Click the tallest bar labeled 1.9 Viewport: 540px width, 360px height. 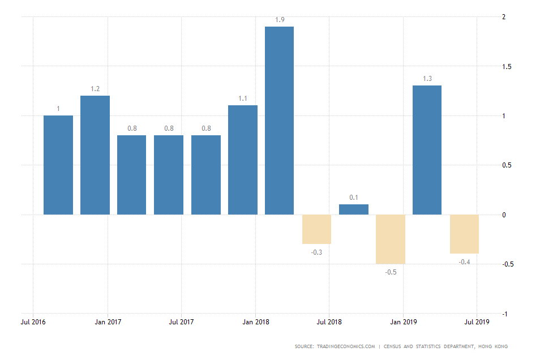pyautogui.click(x=280, y=121)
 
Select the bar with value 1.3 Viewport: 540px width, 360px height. pyautogui.click(x=427, y=150)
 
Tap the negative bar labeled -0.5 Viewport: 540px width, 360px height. pyautogui.click(x=391, y=239)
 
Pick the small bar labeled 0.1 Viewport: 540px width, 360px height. pyautogui.click(x=354, y=209)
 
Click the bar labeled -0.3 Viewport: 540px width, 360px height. pyautogui.click(x=316, y=229)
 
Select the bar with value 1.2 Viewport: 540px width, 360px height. pyautogui.click(x=95, y=155)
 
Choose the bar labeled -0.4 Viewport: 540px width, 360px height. pyautogui.click(x=464, y=234)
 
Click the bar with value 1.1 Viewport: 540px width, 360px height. pyautogui.click(x=243, y=160)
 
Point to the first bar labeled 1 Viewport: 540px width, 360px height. pyautogui.click(x=58, y=165)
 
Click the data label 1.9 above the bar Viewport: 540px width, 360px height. pyautogui.click(x=280, y=20)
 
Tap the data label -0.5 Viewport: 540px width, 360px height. pyautogui.click(x=391, y=272)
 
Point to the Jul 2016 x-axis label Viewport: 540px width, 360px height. pyautogui.click(x=33, y=322)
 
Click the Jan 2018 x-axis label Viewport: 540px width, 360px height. pyautogui.click(x=255, y=322)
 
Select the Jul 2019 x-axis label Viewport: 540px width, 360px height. pyautogui.click(x=477, y=322)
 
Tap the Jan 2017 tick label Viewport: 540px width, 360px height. pyautogui.click(x=108, y=322)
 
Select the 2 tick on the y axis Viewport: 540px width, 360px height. pyautogui.click(x=504, y=17)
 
